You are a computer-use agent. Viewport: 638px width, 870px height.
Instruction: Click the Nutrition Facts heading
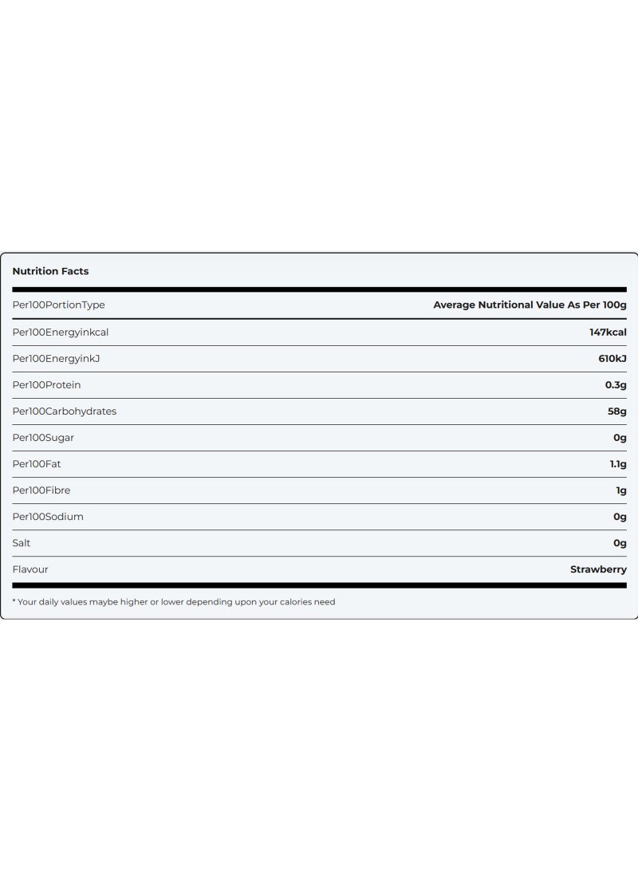[50, 271]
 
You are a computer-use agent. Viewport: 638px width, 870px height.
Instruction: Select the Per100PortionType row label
[58, 305]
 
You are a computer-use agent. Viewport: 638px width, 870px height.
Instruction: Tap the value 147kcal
[608, 332]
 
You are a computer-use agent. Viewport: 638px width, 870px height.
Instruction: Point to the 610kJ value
[612, 358]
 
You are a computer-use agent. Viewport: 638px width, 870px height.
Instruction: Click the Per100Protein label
[46, 384]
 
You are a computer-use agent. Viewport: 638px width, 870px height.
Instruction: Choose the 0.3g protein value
[616, 384]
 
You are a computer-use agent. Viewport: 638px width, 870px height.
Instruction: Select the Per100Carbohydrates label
[65, 411]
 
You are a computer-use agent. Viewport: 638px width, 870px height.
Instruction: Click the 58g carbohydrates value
[616, 411]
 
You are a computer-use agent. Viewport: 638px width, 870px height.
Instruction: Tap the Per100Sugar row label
[43, 437]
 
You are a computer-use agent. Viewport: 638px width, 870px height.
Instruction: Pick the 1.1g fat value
[617, 463]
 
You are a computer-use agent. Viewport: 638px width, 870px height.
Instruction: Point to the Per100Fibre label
[41, 490]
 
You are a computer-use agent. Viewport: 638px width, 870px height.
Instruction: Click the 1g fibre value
[621, 490]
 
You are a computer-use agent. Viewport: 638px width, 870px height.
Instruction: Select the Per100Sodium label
[48, 516]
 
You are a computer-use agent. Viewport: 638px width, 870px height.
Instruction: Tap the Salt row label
[22, 542]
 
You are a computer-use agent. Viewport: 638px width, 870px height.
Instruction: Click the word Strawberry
[598, 569]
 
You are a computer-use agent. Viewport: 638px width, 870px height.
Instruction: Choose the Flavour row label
[30, 569]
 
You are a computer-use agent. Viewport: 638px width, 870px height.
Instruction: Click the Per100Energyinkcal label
[61, 332]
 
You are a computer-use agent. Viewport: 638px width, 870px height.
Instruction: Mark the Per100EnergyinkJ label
[56, 358]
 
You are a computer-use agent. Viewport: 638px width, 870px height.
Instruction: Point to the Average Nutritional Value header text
[530, 305]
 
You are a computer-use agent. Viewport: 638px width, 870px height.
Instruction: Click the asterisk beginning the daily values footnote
[14, 601]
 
